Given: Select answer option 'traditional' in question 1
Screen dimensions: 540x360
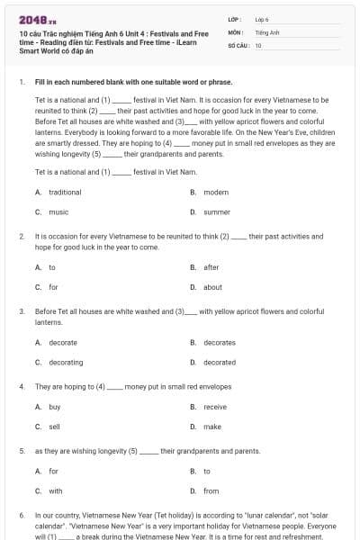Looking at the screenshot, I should tap(65, 193).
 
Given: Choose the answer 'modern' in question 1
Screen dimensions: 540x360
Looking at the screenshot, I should tap(216, 193).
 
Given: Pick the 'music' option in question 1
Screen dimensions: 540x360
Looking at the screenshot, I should tap(58, 212).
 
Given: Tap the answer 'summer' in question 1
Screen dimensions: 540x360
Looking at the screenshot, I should tap(217, 212).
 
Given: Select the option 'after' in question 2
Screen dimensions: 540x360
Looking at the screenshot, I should tap(211, 267).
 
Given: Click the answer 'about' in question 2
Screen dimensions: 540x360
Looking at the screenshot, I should tap(212, 287).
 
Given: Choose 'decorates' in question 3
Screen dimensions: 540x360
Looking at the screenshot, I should tap(220, 343).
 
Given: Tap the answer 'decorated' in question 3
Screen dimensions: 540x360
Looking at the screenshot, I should tap(220, 362).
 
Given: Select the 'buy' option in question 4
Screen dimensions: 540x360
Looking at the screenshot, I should tap(55, 407).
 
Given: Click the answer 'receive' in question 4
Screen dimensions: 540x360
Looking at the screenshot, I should tap(215, 407).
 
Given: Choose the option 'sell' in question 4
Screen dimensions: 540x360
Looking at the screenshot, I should tap(55, 427).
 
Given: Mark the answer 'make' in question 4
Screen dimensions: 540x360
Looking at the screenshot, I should tap(212, 427).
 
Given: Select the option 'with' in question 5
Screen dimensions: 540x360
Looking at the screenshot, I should tap(56, 490).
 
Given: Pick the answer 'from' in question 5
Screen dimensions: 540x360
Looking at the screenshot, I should tap(211, 490).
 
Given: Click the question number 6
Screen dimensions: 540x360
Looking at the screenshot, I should tap(22, 515).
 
